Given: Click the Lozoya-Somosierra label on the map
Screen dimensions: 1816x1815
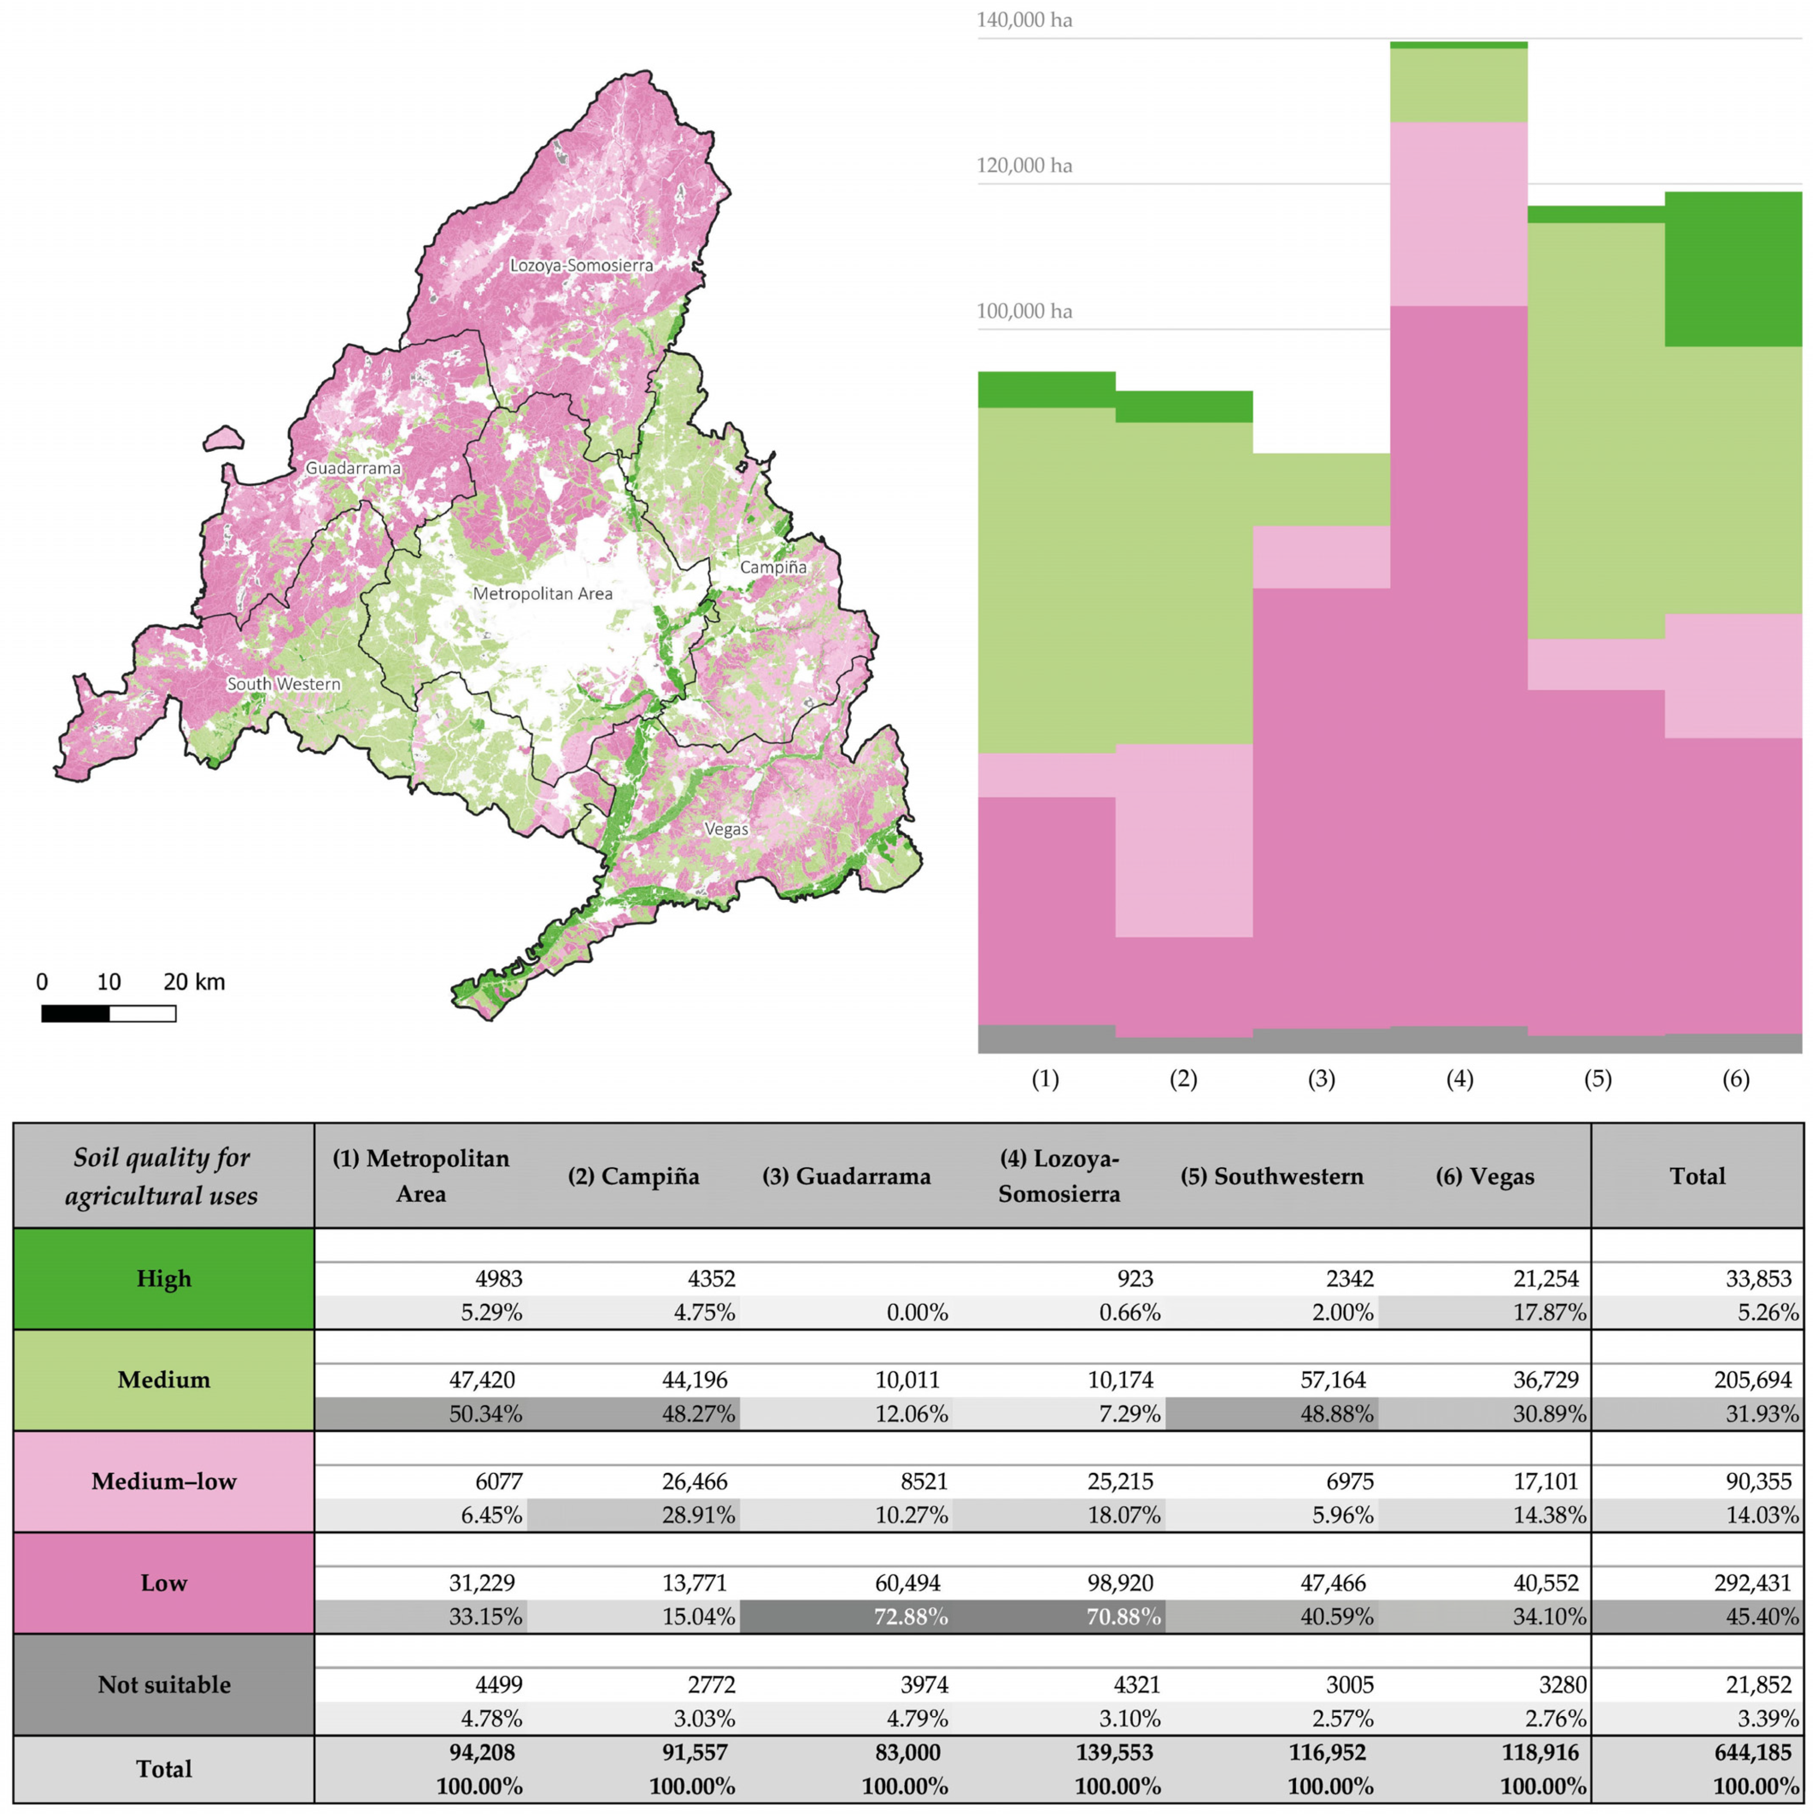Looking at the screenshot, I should tap(581, 265).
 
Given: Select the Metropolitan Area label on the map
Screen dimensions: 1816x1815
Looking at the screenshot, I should tap(542, 593).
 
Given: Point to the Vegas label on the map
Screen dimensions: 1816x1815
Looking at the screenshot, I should tap(726, 829).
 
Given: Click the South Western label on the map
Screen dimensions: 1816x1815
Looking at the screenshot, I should tap(284, 683).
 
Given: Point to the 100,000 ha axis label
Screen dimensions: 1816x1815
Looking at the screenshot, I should tap(1024, 311).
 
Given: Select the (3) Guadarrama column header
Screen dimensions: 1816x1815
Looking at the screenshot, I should tap(846, 1176).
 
